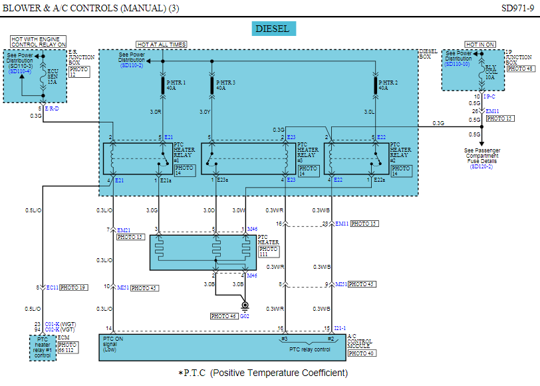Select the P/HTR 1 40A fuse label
(x=176, y=85)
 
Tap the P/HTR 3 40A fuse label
(x=224, y=85)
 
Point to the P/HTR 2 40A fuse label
(x=388, y=85)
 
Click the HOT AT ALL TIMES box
(x=161, y=45)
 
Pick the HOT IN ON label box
(x=480, y=45)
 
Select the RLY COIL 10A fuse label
(x=490, y=71)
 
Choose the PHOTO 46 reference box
(x=223, y=315)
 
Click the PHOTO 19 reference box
(x=73, y=288)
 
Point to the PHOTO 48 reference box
(x=520, y=69)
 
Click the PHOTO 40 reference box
(x=360, y=353)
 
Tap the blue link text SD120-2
(x=482, y=166)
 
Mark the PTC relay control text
(x=309, y=349)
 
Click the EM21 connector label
(x=124, y=230)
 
